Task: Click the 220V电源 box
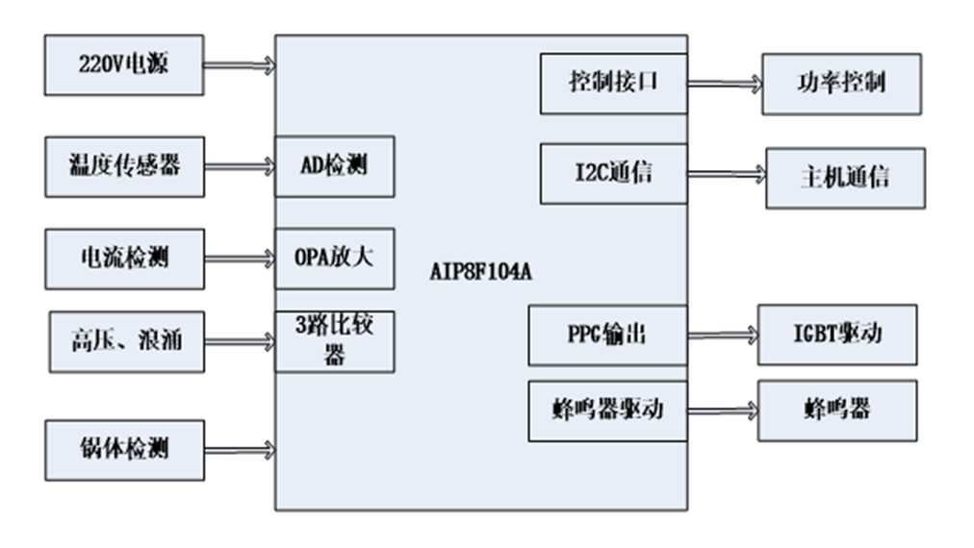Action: point(124,65)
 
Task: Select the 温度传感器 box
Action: point(124,166)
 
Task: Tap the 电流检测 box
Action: point(124,259)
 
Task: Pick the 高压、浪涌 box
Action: point(124,341)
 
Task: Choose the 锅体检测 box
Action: point(124,449)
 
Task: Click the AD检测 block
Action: point(334,166)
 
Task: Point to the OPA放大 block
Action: point(334,259)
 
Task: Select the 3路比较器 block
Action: point(334,341)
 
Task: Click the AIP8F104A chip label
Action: point(480,272)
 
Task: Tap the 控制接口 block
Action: point(613,82)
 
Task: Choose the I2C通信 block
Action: point(613,173)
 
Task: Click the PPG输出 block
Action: point(606,335)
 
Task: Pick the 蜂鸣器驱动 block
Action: point(606,411)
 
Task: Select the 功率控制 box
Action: point(840,83)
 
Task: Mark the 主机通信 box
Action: point(844,178)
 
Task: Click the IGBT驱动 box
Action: point(836,335)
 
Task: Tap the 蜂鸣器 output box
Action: point(836,411)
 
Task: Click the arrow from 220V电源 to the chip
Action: point(239,65)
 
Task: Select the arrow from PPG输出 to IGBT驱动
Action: point(722,336)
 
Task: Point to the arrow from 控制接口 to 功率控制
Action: point(724,84)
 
